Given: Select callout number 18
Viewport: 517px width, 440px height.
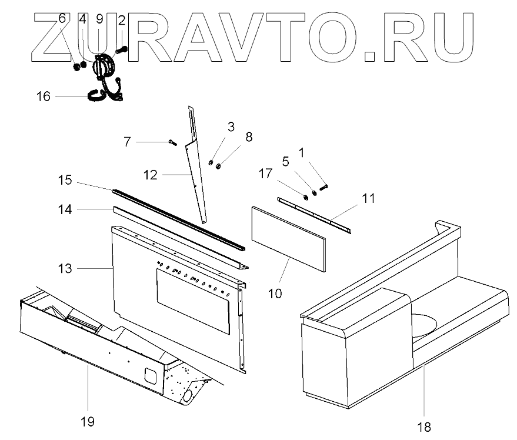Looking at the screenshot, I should click(x=424, y=426).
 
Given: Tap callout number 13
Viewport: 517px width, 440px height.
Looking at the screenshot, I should click(x=65, y=269).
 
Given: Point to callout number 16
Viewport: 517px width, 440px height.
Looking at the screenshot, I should click(x=44, y=96).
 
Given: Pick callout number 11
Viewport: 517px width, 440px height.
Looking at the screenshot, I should click(x=368, y=199).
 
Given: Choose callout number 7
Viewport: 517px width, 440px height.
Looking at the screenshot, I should click(x=127, y=142).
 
